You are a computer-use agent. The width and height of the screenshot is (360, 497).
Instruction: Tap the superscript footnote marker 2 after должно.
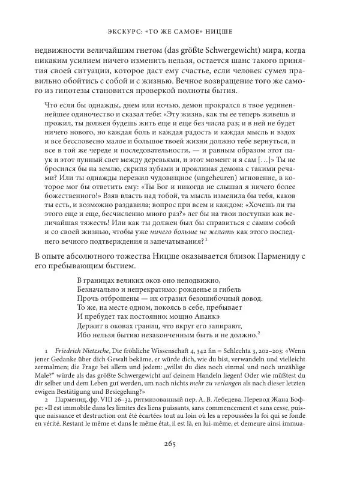(x=258, y=333)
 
